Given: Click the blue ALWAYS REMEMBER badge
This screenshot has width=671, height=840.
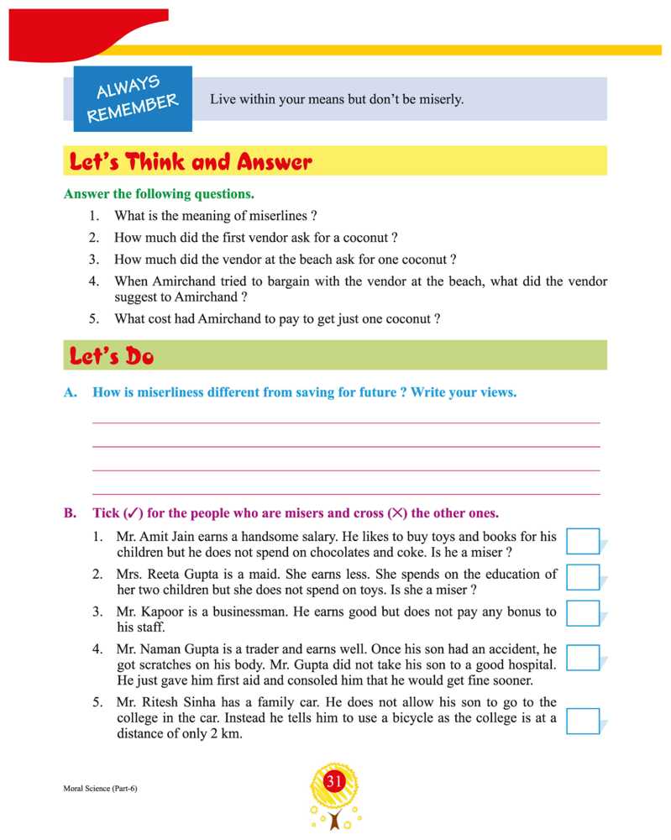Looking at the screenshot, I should [133, 99].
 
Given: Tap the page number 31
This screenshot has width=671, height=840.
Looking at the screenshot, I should [334, 783].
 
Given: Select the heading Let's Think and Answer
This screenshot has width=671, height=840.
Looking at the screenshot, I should [191, 161].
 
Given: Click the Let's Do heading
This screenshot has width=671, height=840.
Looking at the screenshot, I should [112, 356].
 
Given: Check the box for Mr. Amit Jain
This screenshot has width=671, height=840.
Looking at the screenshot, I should [583, 542].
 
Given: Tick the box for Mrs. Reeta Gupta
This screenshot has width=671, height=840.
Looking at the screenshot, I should [583, 578].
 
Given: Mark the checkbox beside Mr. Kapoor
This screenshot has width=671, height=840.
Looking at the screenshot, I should [583, 613].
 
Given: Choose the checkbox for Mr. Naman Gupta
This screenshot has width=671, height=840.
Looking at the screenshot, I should [583, 658].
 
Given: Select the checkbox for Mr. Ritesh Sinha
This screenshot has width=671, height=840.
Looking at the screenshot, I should [583, 721].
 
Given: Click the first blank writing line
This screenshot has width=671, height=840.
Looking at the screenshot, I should [345, 423].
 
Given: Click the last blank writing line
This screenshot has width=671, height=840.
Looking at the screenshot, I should [345, 494].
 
